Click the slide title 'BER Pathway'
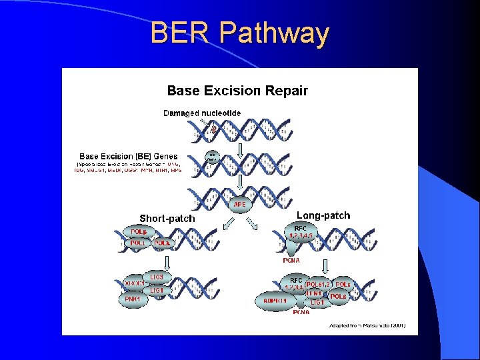(x=240, y=33)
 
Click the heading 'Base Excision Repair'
(x=237, y=91)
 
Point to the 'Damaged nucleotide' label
(x=203, y=113)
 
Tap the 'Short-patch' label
(x=167, y=218)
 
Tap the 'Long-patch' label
(x=323, y=215)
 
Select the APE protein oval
(x=240, y=204)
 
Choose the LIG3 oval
(x=157, y=277)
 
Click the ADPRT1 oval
(x=275, y=301)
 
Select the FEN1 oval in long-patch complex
(x=315, y=293)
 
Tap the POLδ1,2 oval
(x=315, y=284)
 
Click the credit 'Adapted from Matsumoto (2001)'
(x=367, y=325)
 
